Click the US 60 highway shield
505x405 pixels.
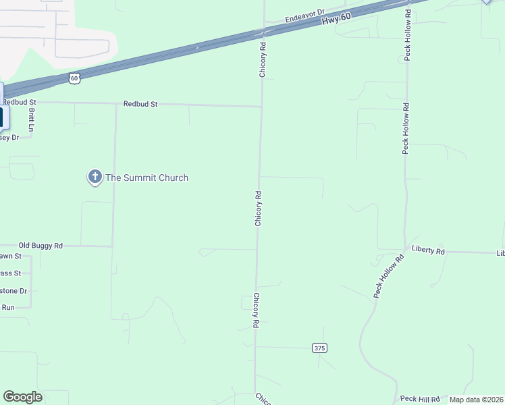point(74,78)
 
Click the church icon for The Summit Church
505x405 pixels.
point(95,178)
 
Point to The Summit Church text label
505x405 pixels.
point(147,178)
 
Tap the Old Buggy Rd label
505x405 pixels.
point(41,246)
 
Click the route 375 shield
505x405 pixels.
point(319,348)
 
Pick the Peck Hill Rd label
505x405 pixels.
point(420,400)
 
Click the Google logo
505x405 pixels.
point(22,397)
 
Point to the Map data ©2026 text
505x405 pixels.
point(476,400)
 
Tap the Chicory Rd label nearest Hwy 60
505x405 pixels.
point(263,60)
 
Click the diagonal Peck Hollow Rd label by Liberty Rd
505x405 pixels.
point(389,276)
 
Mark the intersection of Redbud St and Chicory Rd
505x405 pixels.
point(262,106)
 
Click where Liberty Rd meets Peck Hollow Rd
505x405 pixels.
point(405,250)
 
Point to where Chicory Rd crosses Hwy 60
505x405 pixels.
point(263,32)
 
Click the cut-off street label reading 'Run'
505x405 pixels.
point(8,307)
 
